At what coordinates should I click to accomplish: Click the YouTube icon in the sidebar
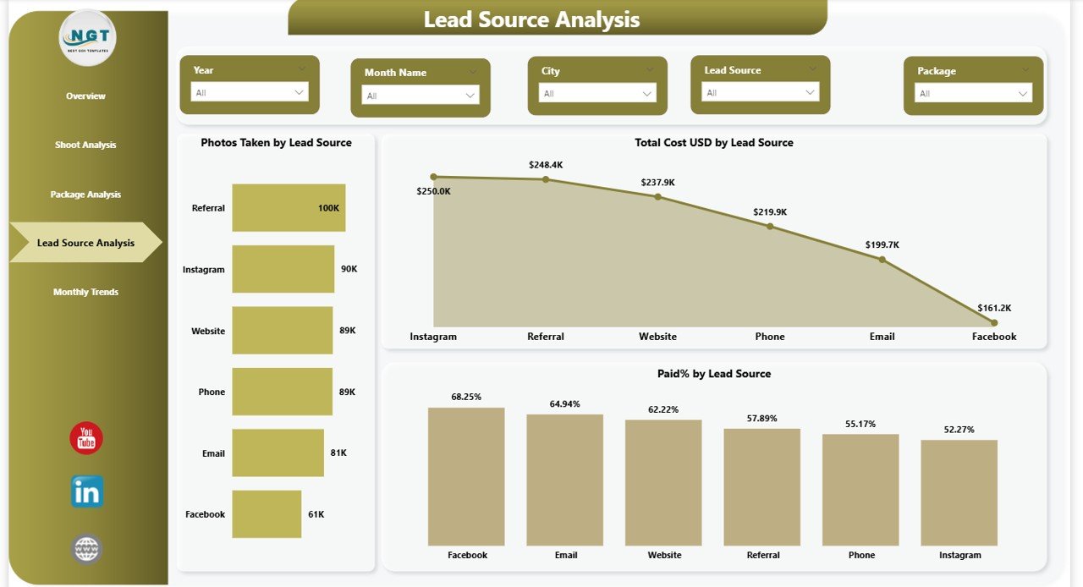86,438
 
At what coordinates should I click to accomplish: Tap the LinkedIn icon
86,491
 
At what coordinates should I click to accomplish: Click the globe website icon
86,549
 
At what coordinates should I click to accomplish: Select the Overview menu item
85,96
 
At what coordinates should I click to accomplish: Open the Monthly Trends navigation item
85,292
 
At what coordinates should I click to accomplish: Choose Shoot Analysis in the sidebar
85,145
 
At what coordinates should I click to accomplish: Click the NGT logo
88,38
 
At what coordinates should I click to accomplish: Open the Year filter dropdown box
249,92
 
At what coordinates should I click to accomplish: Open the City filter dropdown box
598,93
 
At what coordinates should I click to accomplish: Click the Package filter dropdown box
974,93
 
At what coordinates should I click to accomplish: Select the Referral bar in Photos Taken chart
289,208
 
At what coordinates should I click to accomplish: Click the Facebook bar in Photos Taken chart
267,514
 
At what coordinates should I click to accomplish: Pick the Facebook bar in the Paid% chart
466,476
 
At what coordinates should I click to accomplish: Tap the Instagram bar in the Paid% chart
959,492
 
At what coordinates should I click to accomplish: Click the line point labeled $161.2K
994,322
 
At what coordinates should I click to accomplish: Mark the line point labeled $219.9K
770,227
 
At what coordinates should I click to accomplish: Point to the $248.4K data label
546,165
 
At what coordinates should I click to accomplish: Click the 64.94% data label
565,403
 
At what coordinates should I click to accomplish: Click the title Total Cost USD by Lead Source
714,143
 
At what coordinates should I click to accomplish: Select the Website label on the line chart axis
657,337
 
